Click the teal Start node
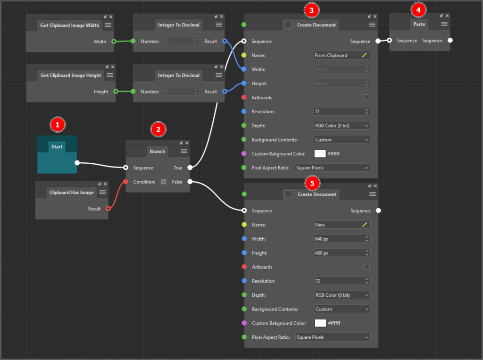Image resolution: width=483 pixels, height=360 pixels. pos(57,154)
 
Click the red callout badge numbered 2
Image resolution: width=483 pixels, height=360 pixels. pos(158,129)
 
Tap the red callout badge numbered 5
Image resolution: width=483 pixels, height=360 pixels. pos(312,184)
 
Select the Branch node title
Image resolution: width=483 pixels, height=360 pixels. pos(158,151)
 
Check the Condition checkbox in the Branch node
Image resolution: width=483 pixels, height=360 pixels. pos(164,182)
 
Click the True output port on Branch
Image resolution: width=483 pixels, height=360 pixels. pos(190,167)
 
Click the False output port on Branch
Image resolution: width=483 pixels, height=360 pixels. pos(190,182)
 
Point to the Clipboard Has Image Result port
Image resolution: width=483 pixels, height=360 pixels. pos(108,209)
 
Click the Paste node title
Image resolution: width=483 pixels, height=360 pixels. pos(419,24)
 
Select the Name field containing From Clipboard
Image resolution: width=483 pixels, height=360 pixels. pos(341,56)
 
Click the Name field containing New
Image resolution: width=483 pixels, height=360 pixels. pos(342,225)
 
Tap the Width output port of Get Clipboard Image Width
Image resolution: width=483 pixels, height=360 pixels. pos(114,42)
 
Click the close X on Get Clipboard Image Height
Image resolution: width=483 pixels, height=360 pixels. pos(113,67)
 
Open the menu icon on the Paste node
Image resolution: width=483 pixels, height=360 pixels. pos(444,24)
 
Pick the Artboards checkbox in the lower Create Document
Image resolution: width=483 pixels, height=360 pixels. pos(367,267)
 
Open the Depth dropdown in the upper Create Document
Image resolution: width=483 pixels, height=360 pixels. pos(341,126)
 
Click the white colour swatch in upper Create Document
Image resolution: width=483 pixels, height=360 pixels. pos(320,153)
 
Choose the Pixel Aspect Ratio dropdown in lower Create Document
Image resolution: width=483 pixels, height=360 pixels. pos(333,337)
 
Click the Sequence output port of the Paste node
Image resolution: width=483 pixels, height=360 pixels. pos(450,41)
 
